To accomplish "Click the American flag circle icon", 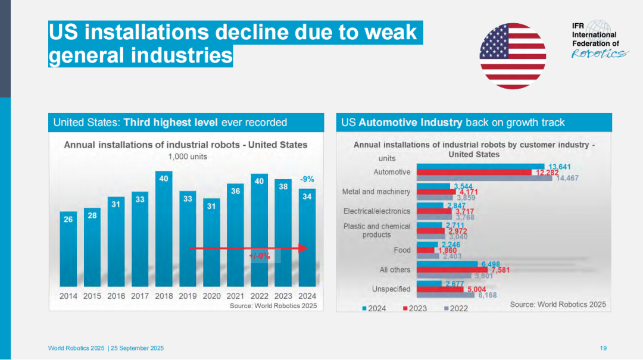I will point(513,56).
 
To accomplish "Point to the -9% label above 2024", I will point(307,179).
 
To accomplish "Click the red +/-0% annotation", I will point(260,256).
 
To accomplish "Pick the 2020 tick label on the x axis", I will point(211,296).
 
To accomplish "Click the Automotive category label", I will point(392,172).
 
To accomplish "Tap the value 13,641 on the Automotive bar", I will point(560,167).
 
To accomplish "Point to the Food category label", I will point(402,251).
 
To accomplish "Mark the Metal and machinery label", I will point(376,192).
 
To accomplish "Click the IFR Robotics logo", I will point(599,40).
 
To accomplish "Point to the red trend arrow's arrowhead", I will point(303,248).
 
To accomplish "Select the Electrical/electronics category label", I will point(377,211).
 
